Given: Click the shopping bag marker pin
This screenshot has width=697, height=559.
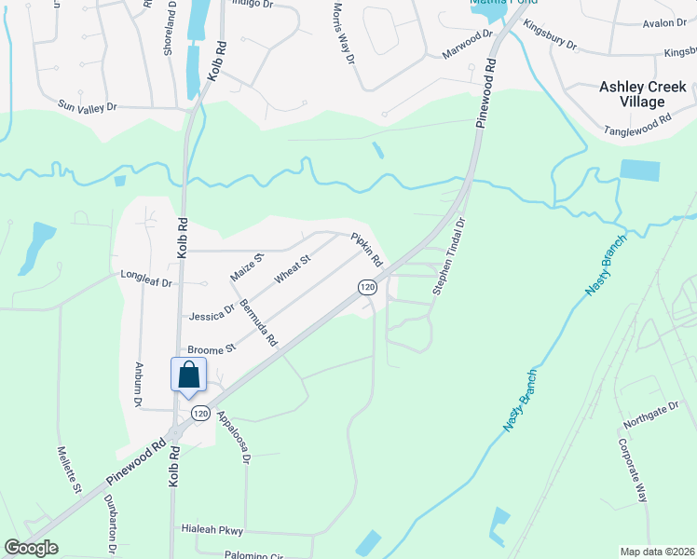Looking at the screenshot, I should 188,375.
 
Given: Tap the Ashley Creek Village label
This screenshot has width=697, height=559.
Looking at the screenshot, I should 644,94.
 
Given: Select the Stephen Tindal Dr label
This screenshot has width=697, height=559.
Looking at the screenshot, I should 447,258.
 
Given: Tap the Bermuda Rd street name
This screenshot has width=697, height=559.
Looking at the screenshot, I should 259,323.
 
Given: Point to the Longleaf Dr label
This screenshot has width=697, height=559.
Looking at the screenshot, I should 147,277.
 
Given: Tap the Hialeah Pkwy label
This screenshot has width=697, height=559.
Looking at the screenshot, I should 212,530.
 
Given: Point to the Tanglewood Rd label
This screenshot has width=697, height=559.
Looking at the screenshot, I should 637,126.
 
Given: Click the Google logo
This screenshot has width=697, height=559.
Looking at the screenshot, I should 32,548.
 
